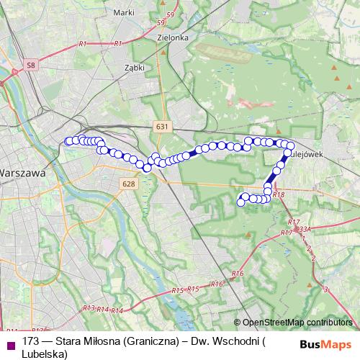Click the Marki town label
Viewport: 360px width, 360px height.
tap(125, 12)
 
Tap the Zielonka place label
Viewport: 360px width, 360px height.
tap(175, 37)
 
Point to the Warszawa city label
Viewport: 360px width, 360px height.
tap(22, 174)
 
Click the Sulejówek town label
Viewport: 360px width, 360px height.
tap(308, 154)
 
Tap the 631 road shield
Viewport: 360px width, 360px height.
tap(162, 126)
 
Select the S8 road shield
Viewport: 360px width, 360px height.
tap(30, 66)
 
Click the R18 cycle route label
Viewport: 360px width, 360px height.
tap(279, 194)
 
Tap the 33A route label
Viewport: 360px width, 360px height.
tap(304, 229)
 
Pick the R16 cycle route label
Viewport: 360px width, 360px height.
tap(238, 274)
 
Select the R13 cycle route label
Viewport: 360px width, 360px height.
tap(89, 307)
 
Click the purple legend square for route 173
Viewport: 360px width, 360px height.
tap(10, 343)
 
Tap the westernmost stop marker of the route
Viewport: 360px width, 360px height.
tap(68, 141)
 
